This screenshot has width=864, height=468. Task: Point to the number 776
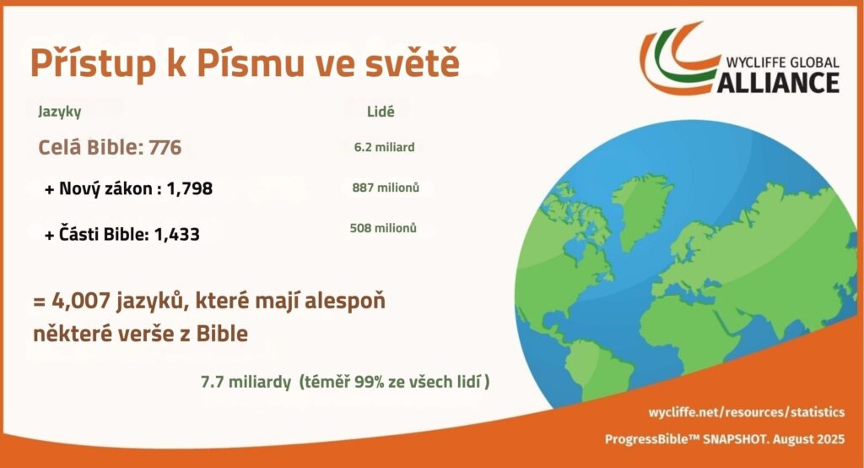(x=165, y=148)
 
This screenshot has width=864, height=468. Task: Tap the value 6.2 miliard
(x=384, y=147)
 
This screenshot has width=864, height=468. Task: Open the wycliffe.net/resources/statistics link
(x=746, y=411)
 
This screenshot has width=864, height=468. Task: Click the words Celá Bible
(x=89, y=148)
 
